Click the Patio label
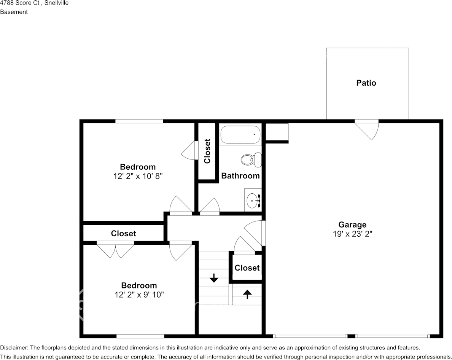tap(366, 83)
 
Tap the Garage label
tap(352, 225)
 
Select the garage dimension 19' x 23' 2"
tap(352, 234)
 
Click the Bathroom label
tap(240, 176)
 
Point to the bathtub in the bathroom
tap(240, 135)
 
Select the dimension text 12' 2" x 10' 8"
tap(138, 176)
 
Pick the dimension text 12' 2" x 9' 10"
tap(139, 295)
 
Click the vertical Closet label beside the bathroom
tap(207, 151)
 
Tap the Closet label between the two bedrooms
tap(123, 233)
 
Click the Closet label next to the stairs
tap(247, 268)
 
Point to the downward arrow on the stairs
tap(214, 278)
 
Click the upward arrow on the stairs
tap(247, 294)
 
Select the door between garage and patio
tap(366, 130)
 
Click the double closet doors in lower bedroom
tap(115, 250)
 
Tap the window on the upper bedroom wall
tap(139, 121)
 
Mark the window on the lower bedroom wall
tap(140, 336)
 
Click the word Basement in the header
tap(14, 12)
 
